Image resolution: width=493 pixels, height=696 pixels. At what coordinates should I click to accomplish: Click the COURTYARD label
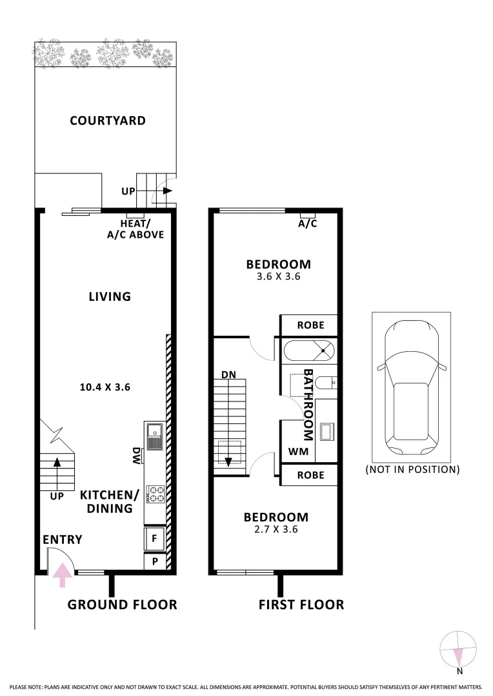pos(108,121)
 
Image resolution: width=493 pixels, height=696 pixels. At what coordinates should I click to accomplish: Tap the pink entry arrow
pos(62,574)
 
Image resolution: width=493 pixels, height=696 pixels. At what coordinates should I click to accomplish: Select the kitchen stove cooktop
pos(156,494)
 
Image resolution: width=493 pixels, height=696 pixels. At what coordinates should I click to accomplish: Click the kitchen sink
pos(156,436)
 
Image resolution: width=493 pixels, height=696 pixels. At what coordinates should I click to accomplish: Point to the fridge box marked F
pos(155,536)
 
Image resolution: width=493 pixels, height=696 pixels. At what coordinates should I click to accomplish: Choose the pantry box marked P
pos(155,561)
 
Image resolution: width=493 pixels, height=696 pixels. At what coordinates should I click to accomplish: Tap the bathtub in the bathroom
pos(310,351)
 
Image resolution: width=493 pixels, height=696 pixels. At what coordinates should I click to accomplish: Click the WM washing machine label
pos(298,452)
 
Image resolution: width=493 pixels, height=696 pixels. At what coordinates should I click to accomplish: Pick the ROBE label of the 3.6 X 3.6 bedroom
pos(310,325)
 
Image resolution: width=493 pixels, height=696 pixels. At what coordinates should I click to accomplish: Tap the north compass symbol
pos(458,652)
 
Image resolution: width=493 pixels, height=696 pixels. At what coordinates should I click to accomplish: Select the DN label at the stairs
pos(228,374)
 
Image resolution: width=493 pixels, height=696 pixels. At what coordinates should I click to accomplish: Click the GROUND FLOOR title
pos(122,604)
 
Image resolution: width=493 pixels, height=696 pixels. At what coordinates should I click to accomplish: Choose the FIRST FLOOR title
pos(301,604)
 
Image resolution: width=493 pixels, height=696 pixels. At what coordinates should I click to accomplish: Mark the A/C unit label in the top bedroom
pos(307,224)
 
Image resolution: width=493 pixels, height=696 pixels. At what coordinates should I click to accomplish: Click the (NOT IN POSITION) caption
pos(412,469)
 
